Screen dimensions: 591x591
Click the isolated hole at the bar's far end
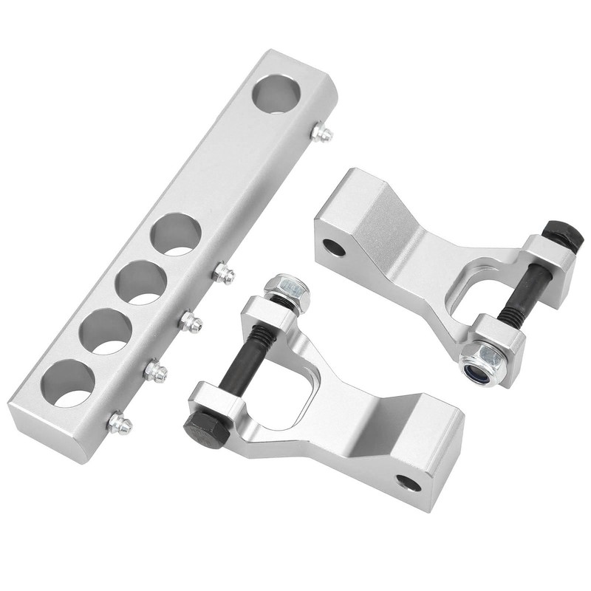point(277,94)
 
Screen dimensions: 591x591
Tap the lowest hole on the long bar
point(68,383)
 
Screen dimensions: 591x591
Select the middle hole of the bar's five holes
point(140,283)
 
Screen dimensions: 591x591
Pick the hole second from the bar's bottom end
point(105,331)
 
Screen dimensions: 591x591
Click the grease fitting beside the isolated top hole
point(321,134)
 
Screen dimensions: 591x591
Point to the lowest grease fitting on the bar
point(120,424)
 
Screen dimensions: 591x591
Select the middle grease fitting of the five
point(191,321)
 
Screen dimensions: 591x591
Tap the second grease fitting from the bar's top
point(223,275)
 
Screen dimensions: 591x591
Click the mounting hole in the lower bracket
point(409,483)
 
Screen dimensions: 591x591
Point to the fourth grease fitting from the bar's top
point(156,372)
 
